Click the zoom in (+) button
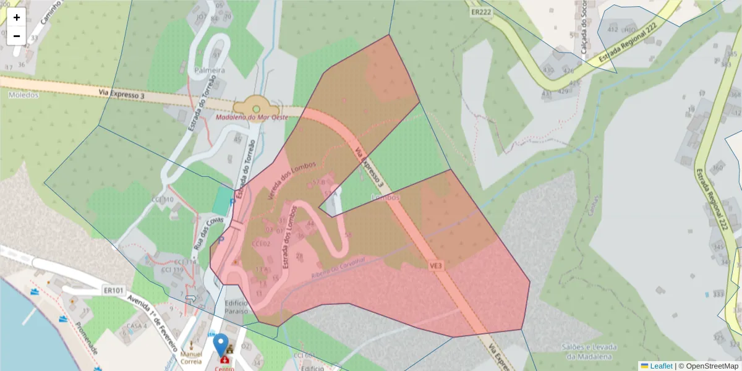click(x=17, y=17)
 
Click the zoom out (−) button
click(x=17, y=36)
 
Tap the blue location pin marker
click(x=220, y=344)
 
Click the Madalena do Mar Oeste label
click(x=252, y=117)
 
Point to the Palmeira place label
click(x=209, y=70)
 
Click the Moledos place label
click(x=24, y=95)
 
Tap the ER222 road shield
click(x=480, y=12)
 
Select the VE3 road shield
click(x=437, y=265)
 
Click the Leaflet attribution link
click(x=661, y=366)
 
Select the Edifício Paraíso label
click(x=236, y=307)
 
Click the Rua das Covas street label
click(x=201, y=233)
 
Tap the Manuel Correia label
click(x=191, y=357)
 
